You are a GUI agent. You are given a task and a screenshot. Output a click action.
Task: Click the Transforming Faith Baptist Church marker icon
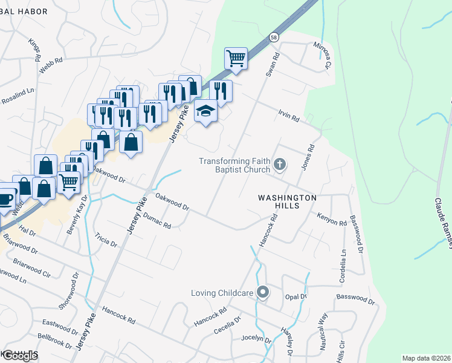[279, 164]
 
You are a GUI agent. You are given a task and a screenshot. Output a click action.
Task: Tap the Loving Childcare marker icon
[262, 293]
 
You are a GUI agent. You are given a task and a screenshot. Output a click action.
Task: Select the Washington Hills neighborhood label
[287, 201]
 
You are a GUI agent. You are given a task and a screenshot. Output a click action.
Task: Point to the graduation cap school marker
[205, 111]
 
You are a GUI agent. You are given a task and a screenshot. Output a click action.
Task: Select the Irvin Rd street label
[289, 116]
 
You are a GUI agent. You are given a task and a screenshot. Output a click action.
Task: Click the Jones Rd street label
[308, 156]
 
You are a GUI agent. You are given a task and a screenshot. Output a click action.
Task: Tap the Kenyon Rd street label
[331, 218]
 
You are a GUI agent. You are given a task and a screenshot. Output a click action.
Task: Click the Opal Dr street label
[296, 297]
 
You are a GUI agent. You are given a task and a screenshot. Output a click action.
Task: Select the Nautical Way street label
[322, 335]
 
